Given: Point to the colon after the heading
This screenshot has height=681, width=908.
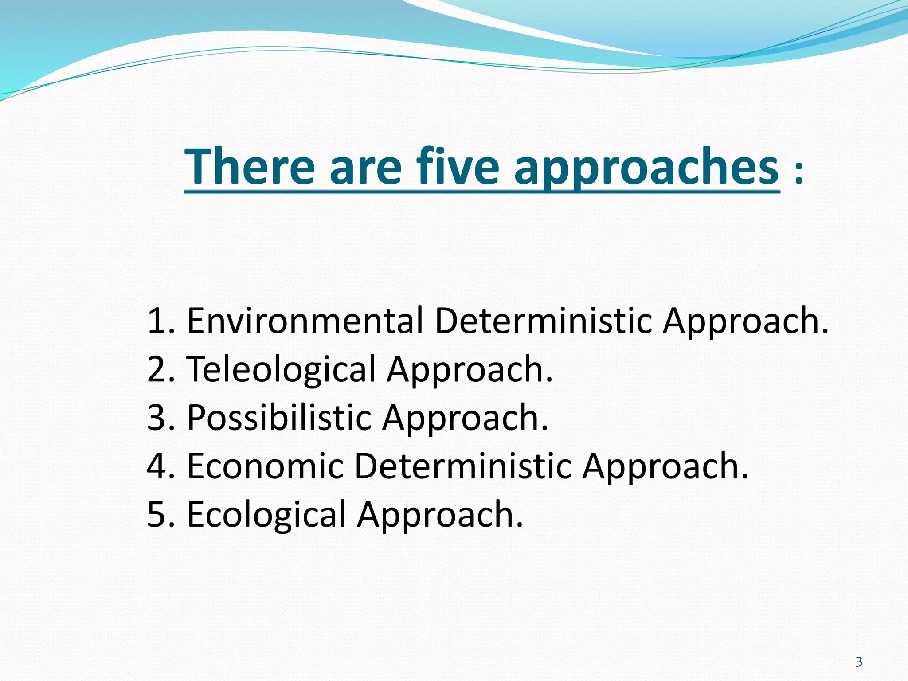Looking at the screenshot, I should tap(798, 173).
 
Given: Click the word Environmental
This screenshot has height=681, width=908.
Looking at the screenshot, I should tap(305, 321).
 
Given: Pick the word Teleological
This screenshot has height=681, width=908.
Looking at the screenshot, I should tap(282, 369).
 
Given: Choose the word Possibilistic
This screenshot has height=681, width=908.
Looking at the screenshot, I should tap(279, 418).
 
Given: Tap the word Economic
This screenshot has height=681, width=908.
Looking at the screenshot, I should tap(265, 466).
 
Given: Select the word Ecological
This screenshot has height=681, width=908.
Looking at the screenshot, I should tap(266, 515).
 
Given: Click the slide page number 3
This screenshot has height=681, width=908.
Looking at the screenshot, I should tap(859, 662).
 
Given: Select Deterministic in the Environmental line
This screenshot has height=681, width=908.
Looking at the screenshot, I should tap(544, 321).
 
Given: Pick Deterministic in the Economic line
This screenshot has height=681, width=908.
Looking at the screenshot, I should tap(463, 466).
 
